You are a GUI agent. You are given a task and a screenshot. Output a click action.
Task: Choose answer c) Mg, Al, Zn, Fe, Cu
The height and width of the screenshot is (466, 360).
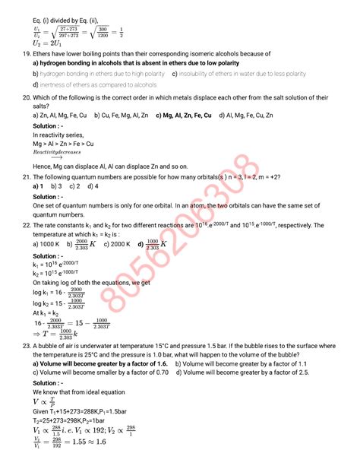coord(183,116)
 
